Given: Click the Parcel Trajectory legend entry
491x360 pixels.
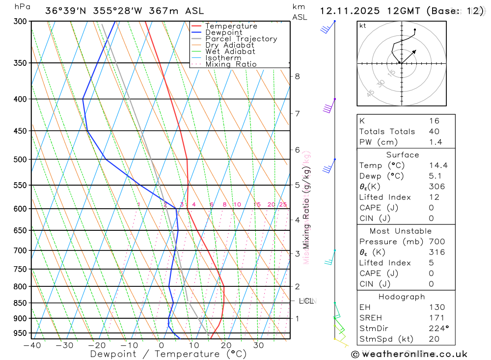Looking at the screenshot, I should (241, 39).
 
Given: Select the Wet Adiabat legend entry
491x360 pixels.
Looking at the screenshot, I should (230, 52).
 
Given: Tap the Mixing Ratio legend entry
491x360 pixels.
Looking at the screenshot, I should (231, 64).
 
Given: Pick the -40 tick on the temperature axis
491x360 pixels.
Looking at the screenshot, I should (32, 345).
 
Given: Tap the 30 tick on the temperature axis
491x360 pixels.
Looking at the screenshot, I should (259, 345).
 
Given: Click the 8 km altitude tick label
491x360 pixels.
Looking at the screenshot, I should (297, 76).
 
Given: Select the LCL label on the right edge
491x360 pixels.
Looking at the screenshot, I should (306, 301).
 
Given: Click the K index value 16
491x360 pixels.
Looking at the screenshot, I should (434, 121).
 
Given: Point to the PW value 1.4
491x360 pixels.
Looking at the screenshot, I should (436, 142).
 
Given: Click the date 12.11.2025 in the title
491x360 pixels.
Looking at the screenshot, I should (347, 11).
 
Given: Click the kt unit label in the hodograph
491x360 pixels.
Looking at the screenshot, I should (363, 26).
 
